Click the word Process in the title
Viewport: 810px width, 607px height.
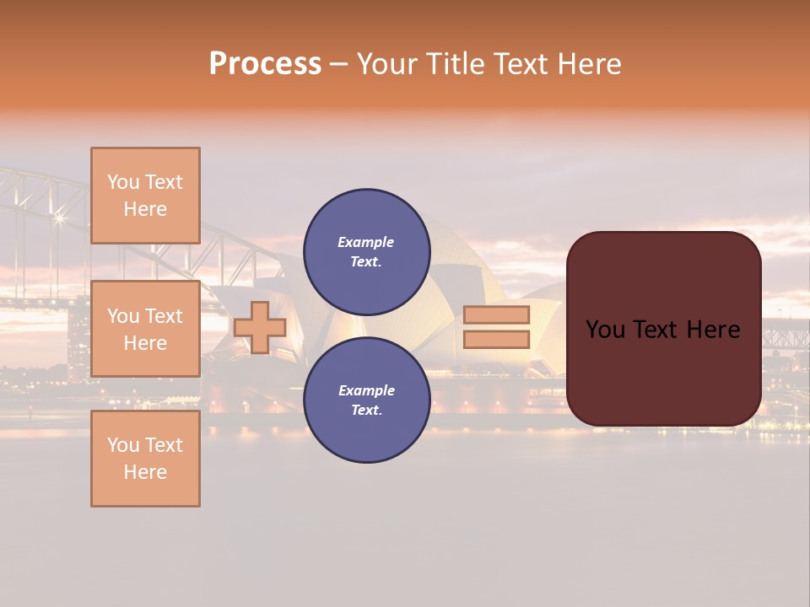pos(265,64)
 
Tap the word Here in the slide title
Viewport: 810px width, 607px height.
pos(588,64)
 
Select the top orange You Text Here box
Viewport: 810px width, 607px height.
pos(145,196)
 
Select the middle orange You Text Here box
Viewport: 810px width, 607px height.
pos(145,329)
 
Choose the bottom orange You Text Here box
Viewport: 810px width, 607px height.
pos(145,459)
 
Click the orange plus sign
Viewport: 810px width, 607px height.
pos(260,327)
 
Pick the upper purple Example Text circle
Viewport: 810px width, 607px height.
pos(366,252)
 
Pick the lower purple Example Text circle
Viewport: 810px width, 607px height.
pos(366,400)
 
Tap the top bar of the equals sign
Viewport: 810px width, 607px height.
pos(496,314)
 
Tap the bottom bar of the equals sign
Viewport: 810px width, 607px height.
pos(496,340)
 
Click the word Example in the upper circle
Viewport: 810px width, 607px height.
pos(366,242)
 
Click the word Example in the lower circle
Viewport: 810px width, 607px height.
pos(366,390)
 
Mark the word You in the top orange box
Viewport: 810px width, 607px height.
pos(122,182)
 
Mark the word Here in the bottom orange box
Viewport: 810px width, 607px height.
pos(145,472)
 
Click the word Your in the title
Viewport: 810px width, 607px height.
pos(384,64)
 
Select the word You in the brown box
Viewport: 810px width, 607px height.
pos(605,330)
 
